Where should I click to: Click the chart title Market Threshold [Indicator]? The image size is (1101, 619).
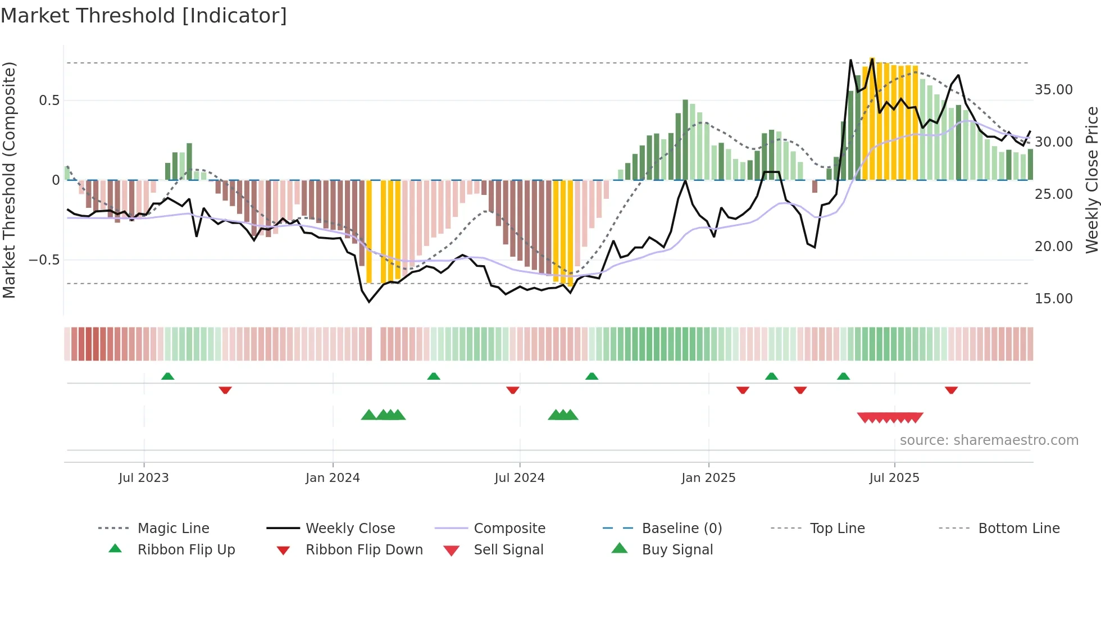[144, 16]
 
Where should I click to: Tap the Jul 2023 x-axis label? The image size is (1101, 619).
[144, 478]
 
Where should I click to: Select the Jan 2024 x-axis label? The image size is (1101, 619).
[333, 478]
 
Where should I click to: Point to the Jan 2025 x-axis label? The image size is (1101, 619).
[708, 478]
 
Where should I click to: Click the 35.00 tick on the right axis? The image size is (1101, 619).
[1053, 90]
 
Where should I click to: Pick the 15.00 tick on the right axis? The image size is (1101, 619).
[1053, 299]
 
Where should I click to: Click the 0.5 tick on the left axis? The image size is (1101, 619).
[49, 101]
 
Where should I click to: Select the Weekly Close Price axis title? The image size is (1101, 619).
[1091, 180]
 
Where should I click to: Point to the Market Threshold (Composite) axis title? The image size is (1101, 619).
[9, 180]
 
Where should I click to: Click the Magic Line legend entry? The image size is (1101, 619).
[173, 529]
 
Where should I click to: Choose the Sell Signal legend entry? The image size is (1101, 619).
[508, 550]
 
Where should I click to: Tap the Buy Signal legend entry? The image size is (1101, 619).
[677, 550]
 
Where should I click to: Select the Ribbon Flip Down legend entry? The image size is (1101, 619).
[364, 550]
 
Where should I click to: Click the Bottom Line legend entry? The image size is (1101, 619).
[1018, 529]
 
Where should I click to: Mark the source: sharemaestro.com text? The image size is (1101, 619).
[989, 440]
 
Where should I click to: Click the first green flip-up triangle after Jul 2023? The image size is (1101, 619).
[167, 376]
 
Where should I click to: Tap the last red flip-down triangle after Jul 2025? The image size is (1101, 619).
[951, 390]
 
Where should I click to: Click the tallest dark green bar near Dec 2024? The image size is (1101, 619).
[685, 139]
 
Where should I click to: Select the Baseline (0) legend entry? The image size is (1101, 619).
[681, 529]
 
